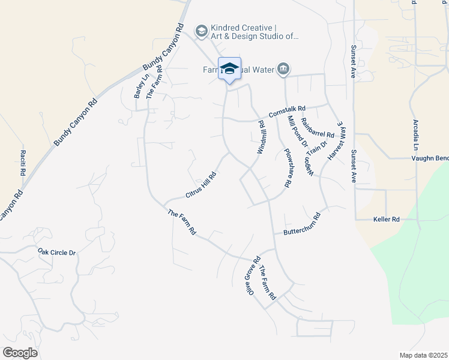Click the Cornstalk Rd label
coord(288,111)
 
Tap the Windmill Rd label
coord(261,137)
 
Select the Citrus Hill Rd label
coord(200,185)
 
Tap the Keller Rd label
coord(386,220)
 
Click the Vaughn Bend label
coord(430,158)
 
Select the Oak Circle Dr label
coord(56,253)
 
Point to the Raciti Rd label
coord(23,163)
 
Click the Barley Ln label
coord(140,86)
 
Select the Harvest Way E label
coord(337,139)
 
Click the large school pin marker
coord(229,69)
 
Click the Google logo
coord(20,352)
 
